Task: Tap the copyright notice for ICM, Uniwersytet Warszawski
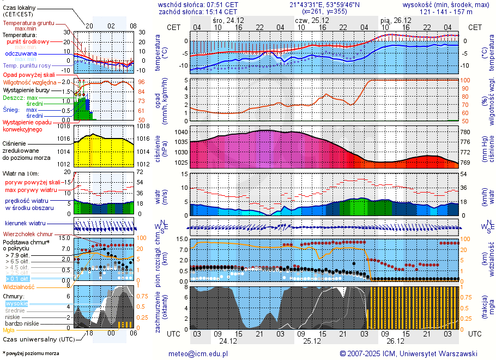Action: pos(408,353)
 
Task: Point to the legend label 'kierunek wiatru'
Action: pos(25,224)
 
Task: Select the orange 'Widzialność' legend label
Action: pos(19,286)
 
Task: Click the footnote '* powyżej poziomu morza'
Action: pos(31,353)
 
